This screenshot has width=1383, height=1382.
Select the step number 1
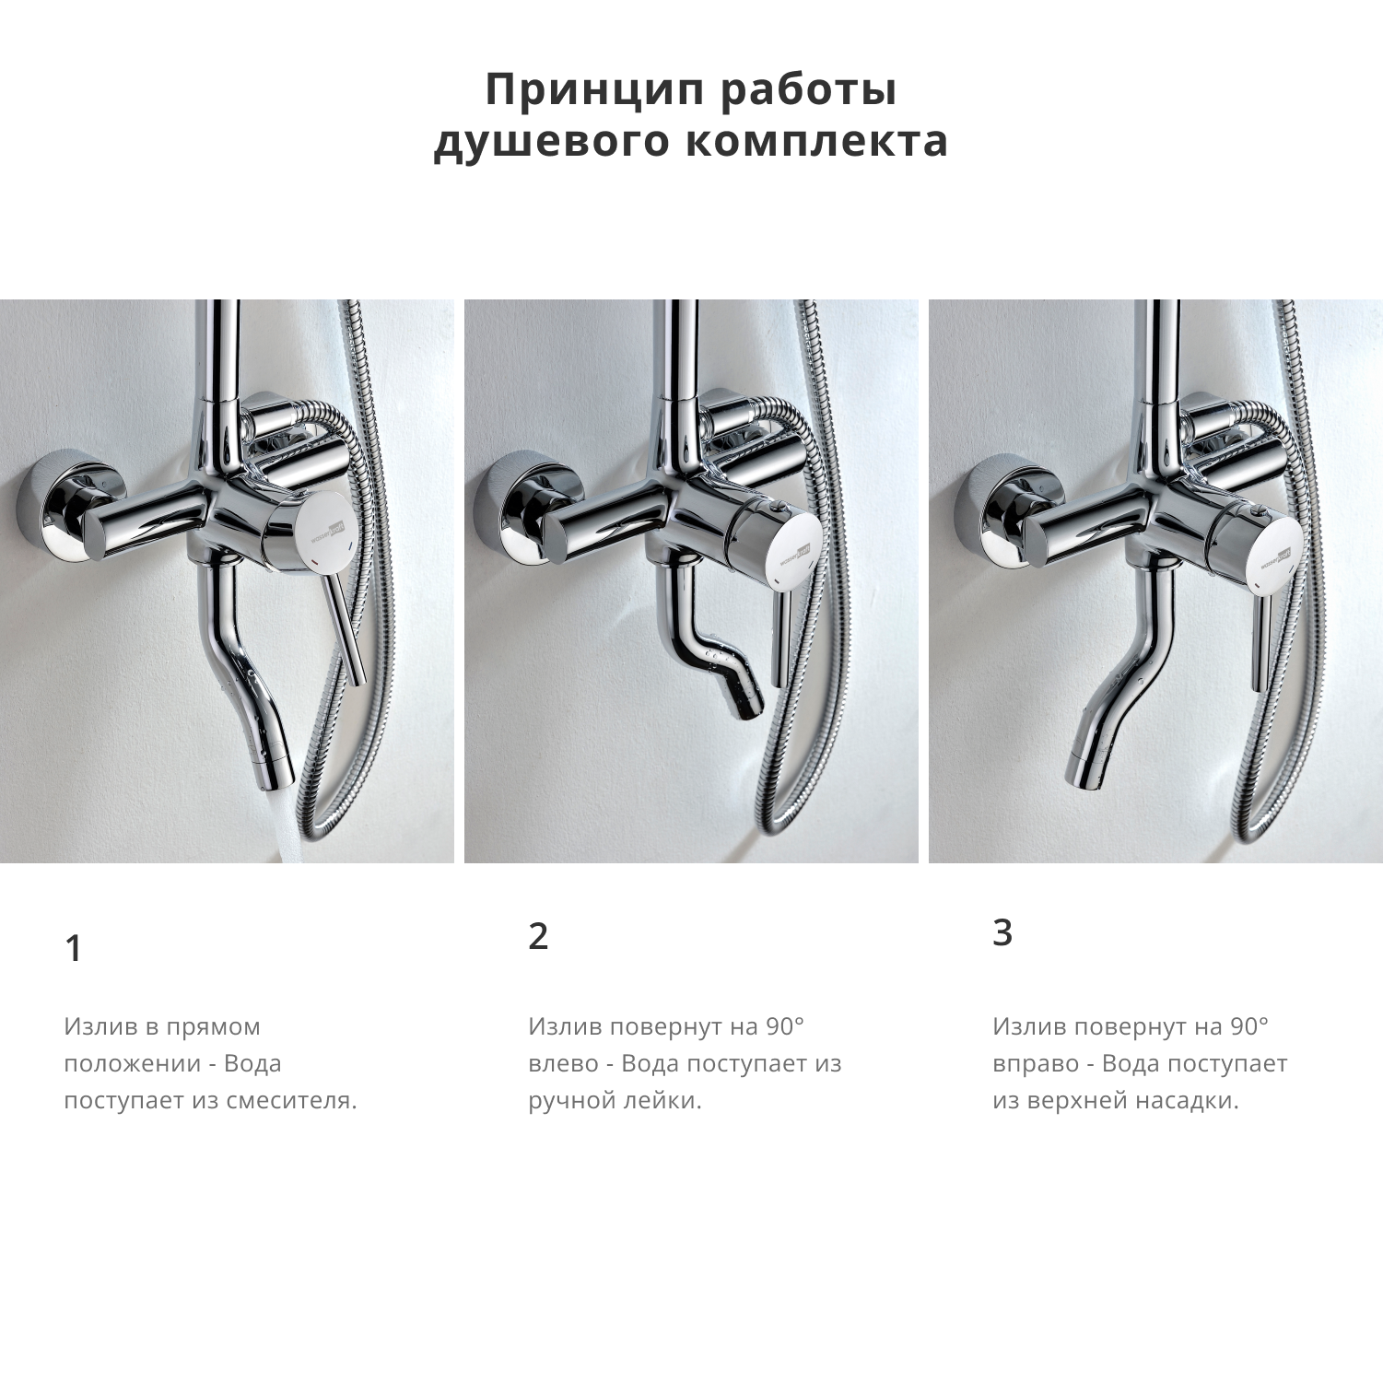click(74, 948)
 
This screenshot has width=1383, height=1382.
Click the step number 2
click(538, 936)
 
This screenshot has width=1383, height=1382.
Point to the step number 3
click(1002, 932)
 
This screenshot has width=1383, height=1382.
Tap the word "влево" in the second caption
click(563, 1063)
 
